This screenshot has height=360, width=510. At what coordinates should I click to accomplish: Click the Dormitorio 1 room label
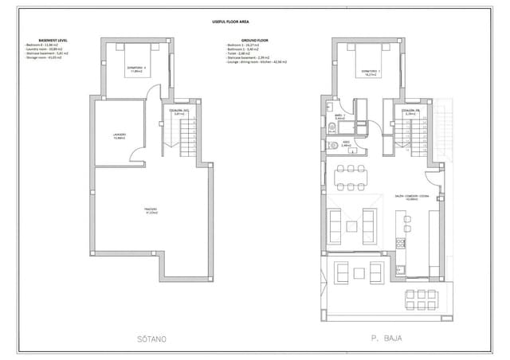(x=369, y=71)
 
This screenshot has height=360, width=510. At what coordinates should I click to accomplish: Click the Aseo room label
(x=346, y=145)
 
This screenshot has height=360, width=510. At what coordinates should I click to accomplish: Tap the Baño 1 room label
(x=339, y=117)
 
